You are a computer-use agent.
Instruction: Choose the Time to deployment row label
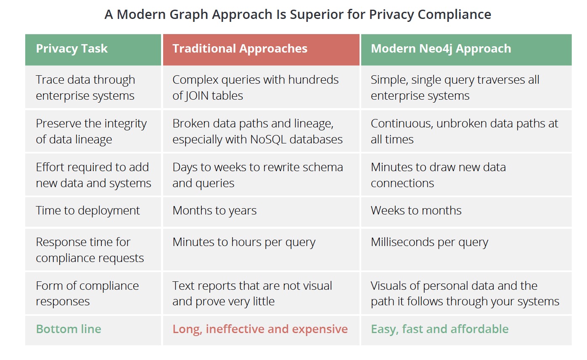coord(88,211)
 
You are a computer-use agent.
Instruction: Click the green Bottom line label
coord(69,329)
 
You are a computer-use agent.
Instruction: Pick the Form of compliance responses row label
coord(87,294)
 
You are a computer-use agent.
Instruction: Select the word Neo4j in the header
coord(436,49)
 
